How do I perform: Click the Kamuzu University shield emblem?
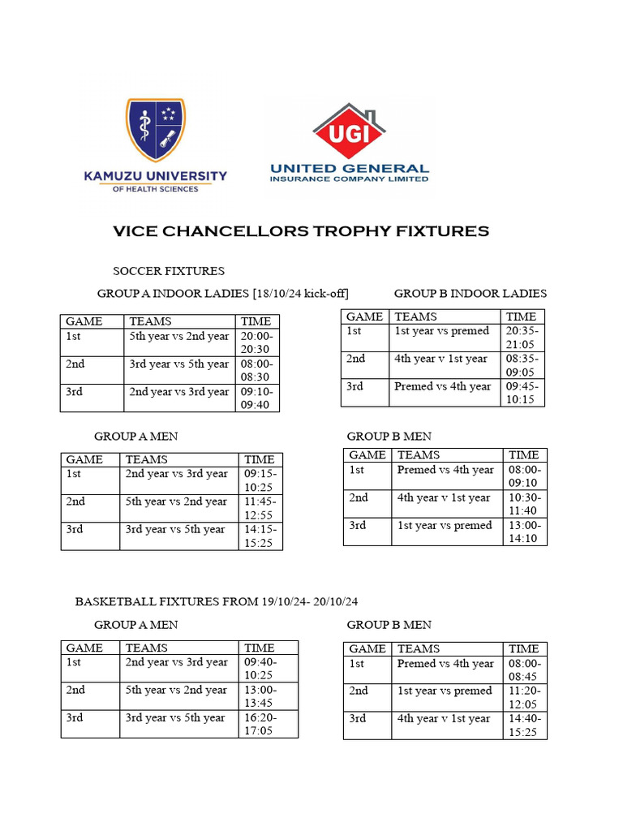[155, 130]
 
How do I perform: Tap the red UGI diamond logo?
[350, 132]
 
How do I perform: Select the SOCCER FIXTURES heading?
[169, 270]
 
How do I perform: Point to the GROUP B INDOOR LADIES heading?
[470, 293]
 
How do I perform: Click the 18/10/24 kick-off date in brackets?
[303, 293]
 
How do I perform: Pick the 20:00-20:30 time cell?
[258, 342]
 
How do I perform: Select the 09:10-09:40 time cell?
[258, 398]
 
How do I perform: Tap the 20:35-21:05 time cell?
[522, 338]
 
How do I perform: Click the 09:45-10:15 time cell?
[522, 393]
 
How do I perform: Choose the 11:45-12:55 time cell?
[260, 508]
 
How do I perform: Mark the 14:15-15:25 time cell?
[260, 536]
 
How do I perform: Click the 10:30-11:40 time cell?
[524, 504]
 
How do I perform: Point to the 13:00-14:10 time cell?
[524, 532]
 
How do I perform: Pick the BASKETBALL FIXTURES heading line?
[217, 601]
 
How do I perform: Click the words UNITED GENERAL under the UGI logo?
[350, 168]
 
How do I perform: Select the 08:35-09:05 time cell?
[522, 365]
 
